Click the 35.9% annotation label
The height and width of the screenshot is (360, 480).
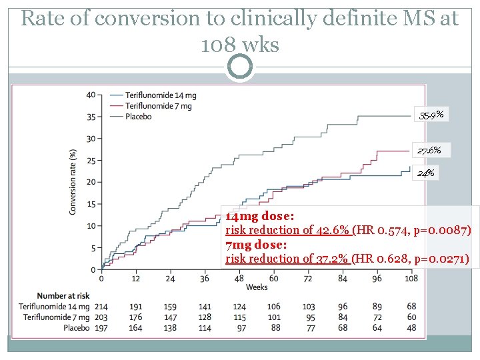pyautogui.click(x=432, y=115)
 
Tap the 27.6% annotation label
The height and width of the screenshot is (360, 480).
pyautogui.click(x=429, y=150)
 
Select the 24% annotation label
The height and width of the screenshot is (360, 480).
pyautogui.click(x=426, y=173)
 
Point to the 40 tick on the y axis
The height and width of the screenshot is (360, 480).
pyautogui.click(x=91, y=95)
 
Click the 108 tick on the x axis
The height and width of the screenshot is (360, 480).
pyautogui.click(x=411, y=279)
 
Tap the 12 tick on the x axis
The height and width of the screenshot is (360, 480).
pyautogui.click(x=135, y=279)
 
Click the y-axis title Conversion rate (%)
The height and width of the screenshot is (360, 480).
pyautogui.click(x=73, y=181)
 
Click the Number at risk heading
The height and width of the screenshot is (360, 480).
pyautogui.click(x=61, y=295)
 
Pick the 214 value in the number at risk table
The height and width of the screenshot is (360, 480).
pyautogui.click(x=101, y=306)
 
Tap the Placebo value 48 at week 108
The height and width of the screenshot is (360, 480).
pyautogui.click(x=411, y=327)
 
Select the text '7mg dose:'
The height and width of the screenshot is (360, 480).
pyautogui.click(x=255, y=245)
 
